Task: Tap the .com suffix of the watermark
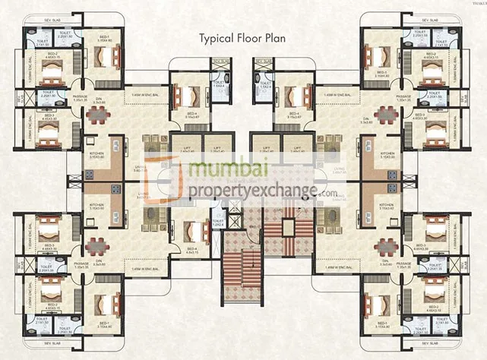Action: [x=328, y=194]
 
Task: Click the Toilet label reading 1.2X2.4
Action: [x=218, y=225]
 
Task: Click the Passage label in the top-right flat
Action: [x=403, y=98]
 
